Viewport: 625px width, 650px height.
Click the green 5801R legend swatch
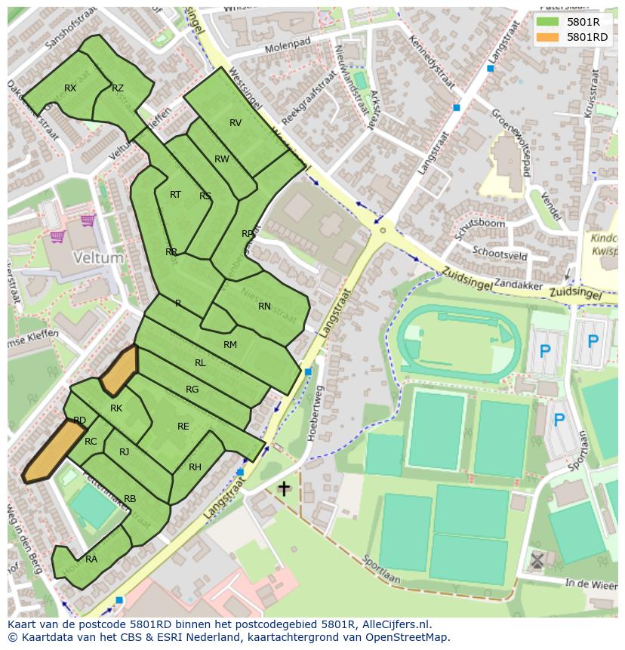coord(548,22)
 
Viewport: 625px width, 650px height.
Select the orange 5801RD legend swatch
coord(548,37)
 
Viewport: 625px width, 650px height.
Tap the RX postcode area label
coord(70,88)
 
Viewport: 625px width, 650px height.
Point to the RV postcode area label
coord(236,123)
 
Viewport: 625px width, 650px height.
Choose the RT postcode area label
coord(175,195)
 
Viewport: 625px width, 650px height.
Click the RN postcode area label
coord(264,307)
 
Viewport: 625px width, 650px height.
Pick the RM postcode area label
coord(230,345)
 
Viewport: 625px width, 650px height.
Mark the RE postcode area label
coord(183,427)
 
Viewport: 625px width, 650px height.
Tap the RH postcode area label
coord(195,467)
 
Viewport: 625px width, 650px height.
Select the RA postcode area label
coord(91,559)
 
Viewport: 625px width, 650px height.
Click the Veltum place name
coord(98,257)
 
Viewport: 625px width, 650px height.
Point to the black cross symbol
coord(284,488)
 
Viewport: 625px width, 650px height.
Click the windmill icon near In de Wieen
coord(537,560)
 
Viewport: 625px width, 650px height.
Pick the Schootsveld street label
coord(500,254)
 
